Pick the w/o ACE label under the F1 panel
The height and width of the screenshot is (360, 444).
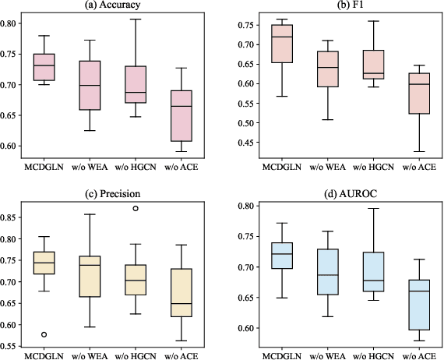pyautogui.click(x=413, y=167)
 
